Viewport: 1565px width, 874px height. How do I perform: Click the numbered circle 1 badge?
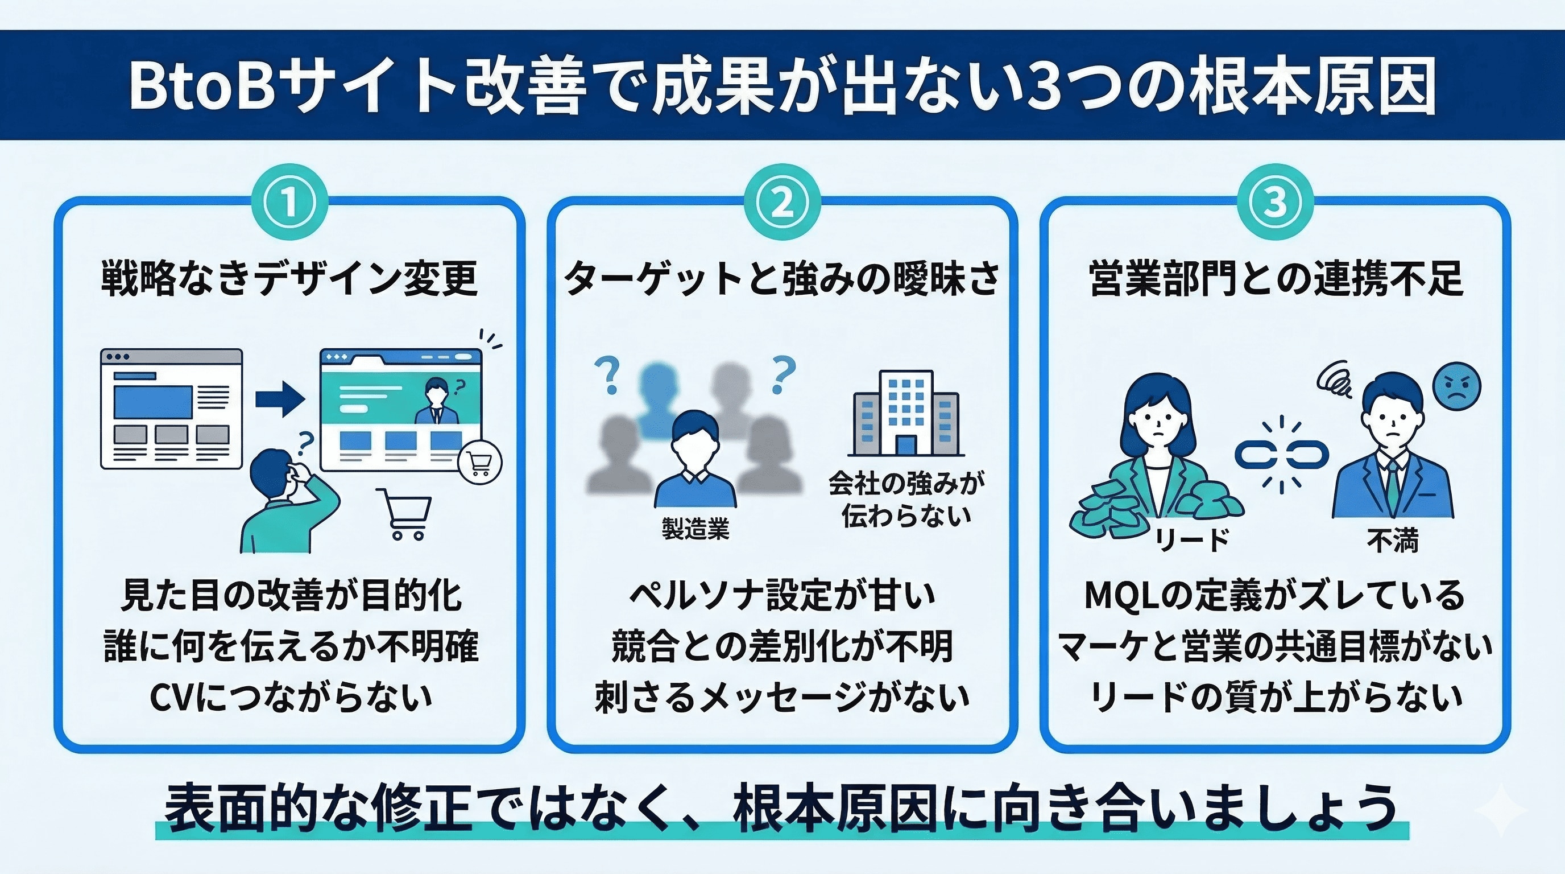point(290,203)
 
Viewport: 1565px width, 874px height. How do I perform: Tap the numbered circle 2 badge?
point(782,203)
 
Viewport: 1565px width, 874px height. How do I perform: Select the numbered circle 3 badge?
point(1274,203)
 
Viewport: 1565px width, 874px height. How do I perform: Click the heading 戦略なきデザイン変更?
point(290,278)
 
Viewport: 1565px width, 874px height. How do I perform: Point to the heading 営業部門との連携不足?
point(1275,278)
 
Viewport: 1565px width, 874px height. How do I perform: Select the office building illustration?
point(905,413)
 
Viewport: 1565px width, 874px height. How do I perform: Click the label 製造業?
point(695,529)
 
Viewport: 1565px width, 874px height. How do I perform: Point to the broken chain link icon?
point(1281,454)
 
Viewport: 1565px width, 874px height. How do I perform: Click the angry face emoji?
point(1456,387)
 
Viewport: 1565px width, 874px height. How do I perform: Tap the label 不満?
point(1393,540)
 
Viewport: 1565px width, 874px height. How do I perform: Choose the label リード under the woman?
point(1192,540)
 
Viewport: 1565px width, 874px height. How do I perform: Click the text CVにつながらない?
point(291,697)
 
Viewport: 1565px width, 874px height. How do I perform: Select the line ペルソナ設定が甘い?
point(782,595)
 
